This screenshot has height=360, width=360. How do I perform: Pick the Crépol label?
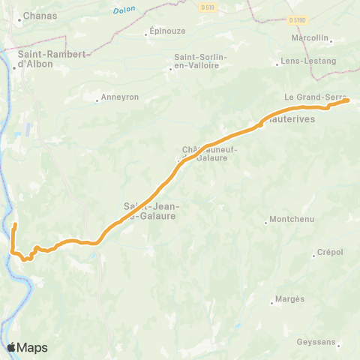click(330, 252)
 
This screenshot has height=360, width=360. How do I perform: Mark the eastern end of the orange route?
click(348, 100)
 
